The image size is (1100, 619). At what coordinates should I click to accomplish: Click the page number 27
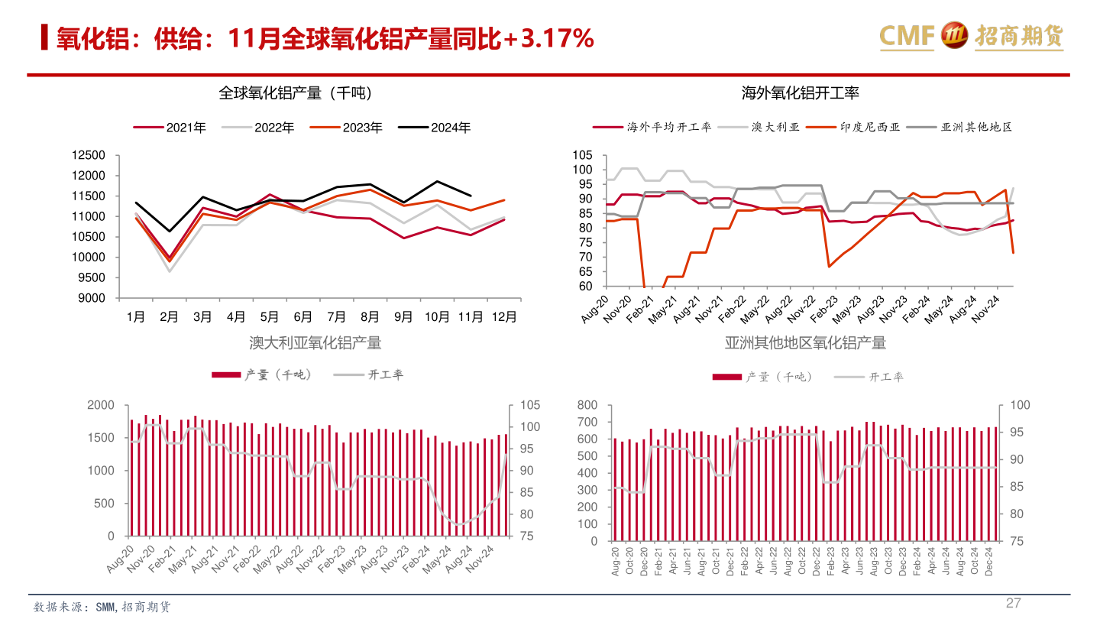(x=1013, y=603)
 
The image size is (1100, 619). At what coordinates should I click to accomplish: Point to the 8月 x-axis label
(x=370, y=316)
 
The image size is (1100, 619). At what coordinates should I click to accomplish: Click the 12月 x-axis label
(x=503, y=316)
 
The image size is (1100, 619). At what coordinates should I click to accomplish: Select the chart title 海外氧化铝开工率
(x=801, y=93)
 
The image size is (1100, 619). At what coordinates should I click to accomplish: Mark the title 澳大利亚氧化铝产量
(x=315, y=343)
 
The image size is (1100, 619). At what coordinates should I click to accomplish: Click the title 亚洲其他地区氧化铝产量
(x=806, y=343)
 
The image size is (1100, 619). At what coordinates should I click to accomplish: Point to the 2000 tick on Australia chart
(x=102, y=405)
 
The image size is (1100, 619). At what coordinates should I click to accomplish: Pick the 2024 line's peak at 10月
(x=437, y=181)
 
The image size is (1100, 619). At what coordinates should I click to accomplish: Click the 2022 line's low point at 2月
(x=170, y=271)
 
